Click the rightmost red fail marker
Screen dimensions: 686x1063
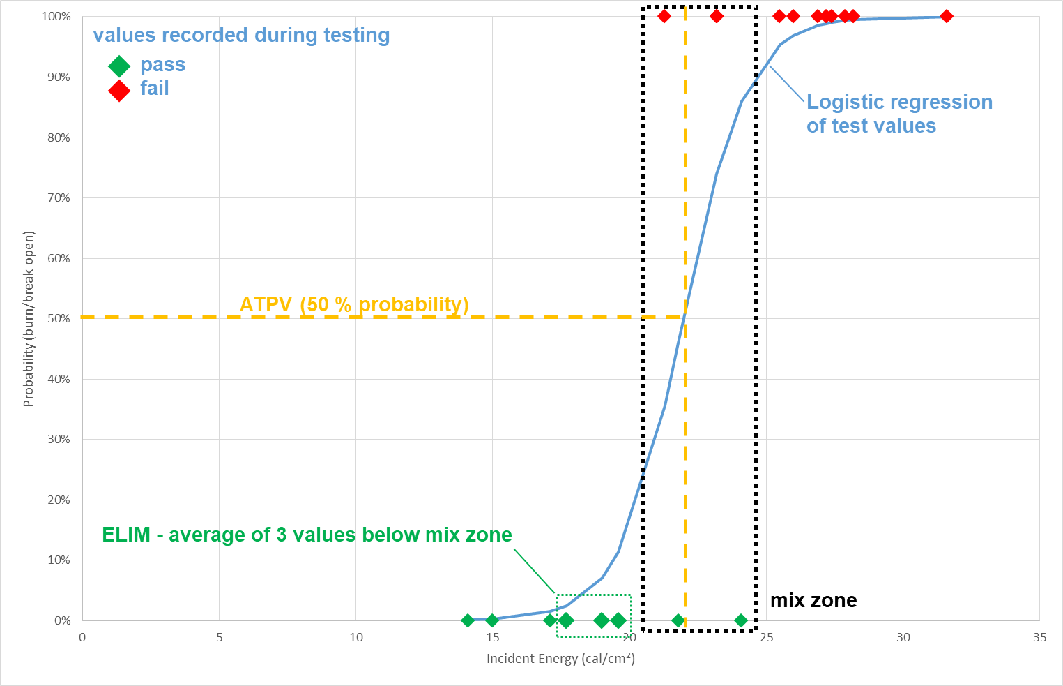click(946, 16)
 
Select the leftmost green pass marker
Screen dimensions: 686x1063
click(468, 620)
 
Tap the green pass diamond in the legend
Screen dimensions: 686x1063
click(119, 66)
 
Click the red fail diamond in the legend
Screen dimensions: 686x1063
click(119, 90)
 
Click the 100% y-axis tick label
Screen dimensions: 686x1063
click(56, 16)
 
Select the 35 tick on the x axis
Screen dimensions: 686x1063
click(1039, 637)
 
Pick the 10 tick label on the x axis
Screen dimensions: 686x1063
click(355, 637)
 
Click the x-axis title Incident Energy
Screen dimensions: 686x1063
click(560, 658)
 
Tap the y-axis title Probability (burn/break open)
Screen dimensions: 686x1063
click(29, 318)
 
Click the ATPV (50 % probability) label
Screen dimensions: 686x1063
click(354, 304)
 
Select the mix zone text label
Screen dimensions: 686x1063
click(813, 600)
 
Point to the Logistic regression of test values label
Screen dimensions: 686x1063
click(898, 114)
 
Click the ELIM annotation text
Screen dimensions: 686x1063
click(307, 535)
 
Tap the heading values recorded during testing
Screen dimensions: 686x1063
click(241, 35)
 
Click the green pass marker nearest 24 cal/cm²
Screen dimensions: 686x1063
click(741, 620)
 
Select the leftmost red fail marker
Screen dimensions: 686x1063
click(664, 16)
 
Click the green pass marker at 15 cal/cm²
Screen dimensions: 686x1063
click(492, 620)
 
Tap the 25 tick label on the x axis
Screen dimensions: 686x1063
click(766, 637)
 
